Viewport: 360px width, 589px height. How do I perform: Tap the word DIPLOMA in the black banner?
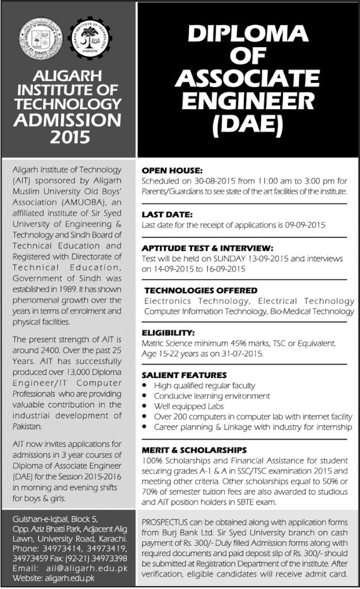(x=247, y=37)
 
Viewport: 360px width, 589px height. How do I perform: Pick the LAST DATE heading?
(x=167, y=215)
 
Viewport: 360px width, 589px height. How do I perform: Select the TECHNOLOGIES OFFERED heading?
(x=201, y=290)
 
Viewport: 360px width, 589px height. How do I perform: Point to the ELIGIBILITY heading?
(x=169, y=332)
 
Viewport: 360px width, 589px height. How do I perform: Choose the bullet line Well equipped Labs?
(x=180, y=406)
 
